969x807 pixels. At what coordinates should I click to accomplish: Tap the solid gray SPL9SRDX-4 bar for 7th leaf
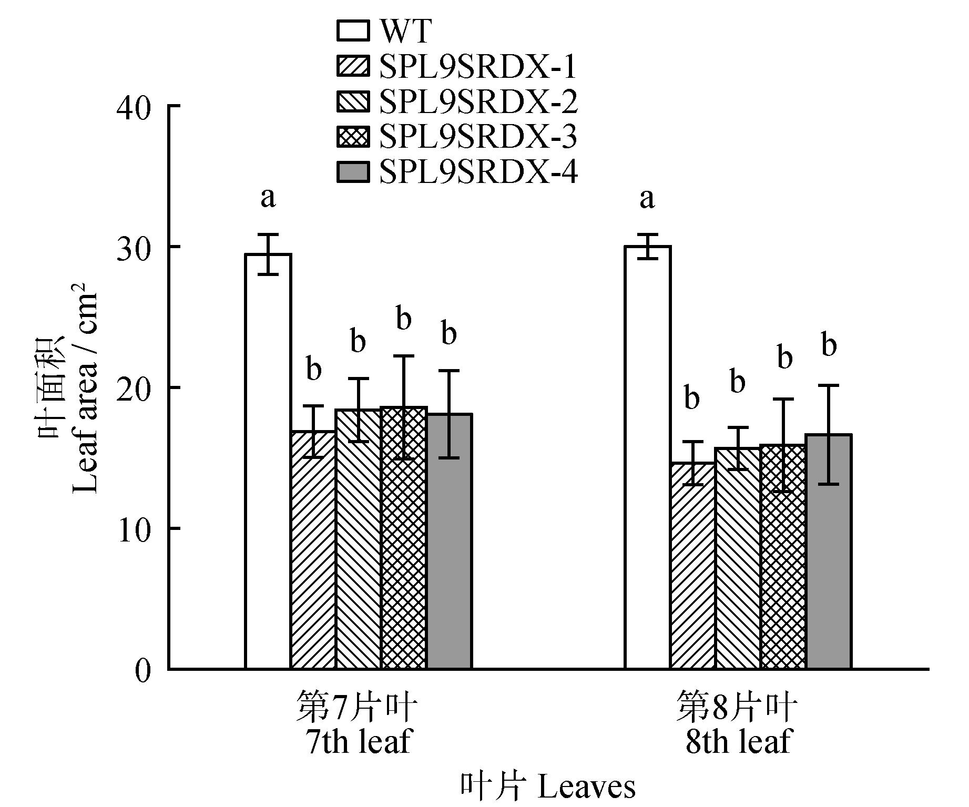tap(449, 541)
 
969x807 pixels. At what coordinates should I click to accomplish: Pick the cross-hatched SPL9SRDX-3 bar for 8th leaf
tap(783, 557)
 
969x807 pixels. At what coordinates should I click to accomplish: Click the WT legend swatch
tap(353, 31)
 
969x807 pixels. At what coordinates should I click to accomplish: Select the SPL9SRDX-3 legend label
tap(478, 137)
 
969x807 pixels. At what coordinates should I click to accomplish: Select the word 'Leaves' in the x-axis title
tap(587, 787)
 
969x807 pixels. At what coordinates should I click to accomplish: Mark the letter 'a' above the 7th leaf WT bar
tap(268, 198)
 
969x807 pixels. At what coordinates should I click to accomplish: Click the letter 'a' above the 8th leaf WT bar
tap(647, 198)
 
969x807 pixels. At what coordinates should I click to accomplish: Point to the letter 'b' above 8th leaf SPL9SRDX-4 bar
tap(829, 346)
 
